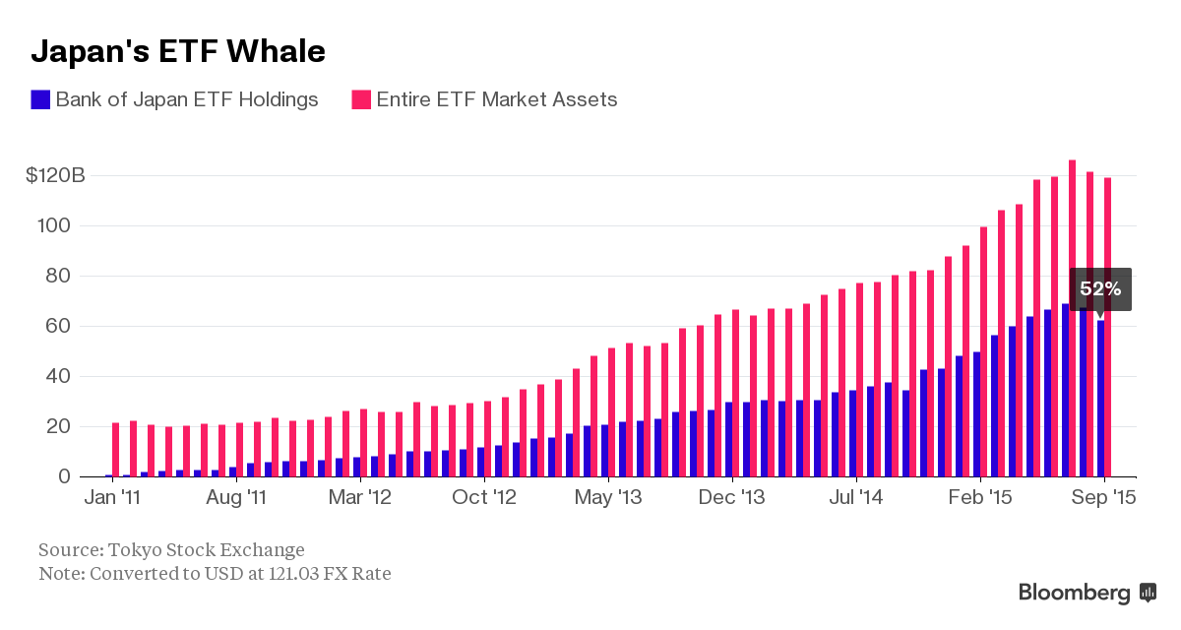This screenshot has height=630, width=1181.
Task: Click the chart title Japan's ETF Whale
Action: (178, 51)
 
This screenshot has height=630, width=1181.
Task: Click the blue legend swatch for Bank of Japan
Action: (41, 99)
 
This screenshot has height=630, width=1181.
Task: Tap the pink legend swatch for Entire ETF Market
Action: (361, 99)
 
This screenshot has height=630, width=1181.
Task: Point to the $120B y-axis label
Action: (56, 176)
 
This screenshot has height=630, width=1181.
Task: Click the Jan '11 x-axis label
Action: (111, 498)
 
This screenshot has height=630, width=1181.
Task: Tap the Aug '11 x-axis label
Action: (236, 498)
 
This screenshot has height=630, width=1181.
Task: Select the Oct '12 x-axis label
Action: (484, 498)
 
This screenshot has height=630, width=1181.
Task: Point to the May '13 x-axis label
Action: (608, 498)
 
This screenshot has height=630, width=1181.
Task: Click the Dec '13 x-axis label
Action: (732, 498)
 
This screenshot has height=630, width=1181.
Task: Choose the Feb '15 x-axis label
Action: (980, 498)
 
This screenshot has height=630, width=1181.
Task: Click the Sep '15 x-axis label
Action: (1104, 498)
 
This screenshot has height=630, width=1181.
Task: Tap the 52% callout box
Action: (1100, 289)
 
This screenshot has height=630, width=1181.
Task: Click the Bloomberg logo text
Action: (1074, 593)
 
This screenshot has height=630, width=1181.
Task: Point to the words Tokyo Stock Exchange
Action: (206, 549)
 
